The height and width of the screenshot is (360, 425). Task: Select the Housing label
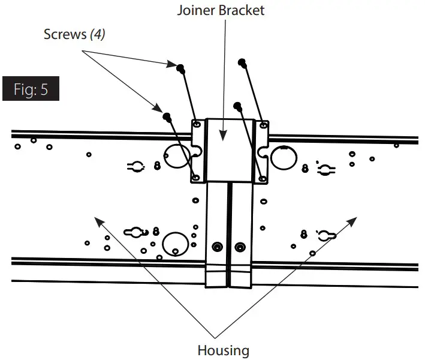pos(223,349)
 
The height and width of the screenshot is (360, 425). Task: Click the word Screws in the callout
pos(65,34)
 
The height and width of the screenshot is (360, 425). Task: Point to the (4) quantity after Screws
pos(97,34)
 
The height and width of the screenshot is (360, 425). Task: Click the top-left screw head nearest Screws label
pos(179,66)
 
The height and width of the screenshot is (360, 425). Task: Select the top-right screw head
pos(242,62)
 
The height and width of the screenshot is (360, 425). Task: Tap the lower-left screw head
pos(167,115)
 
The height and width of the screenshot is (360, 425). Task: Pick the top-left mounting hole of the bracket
pos(195,125)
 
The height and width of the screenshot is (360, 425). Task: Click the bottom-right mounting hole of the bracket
pos(262,178)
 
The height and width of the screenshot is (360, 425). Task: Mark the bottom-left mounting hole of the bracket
pos(195,178)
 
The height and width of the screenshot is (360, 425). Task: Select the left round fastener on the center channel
pos(218,246)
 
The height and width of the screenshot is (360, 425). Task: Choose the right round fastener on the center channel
pos(240,246)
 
